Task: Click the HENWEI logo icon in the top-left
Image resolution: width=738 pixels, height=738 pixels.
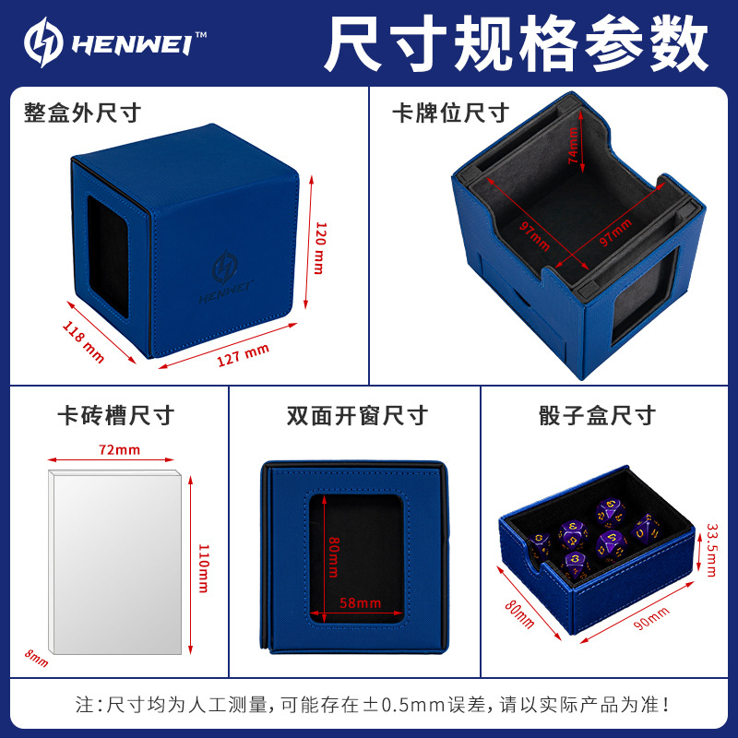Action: pyautogui.click(x=43, y=42)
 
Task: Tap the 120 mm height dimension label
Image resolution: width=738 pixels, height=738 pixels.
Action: pyautogui.click(x=320, y=248)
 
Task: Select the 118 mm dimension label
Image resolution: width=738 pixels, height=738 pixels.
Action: pyautogui.click(x=83, y=342)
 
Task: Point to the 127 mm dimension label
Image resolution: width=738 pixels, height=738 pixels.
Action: pyautogui.click(x=243, y=354)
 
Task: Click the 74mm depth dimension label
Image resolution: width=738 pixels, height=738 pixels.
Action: pyautogui.click(x=573, y=146)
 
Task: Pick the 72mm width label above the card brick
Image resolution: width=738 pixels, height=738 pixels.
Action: pyautogui.click(x=120, y=450)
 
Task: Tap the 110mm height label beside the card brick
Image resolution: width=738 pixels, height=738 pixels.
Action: pyautogui.click(x=203, y=568)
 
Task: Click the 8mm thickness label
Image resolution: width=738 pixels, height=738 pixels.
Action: pyautogui.click(x=36, y=658)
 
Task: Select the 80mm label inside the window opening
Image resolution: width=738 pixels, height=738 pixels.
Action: pyautogui.click(x=333, y=557)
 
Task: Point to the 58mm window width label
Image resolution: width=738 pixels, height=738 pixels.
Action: pyautogui.click(x=360, y=603)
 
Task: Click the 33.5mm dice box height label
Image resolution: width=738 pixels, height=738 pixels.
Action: pyautogui.click(x=711, y=550)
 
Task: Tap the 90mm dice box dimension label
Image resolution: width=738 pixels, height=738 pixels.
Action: pyautogui.click(x=651, y=618)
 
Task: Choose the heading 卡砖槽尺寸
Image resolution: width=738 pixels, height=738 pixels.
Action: pyautogui.click(x=116, y=416)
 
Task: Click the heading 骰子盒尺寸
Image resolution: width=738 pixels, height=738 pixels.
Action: pyautogui.click(x=597, y=416)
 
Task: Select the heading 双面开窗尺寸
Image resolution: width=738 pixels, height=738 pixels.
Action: pyautogui.click(x=357, y=416)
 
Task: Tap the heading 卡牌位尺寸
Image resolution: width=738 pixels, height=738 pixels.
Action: pyautogui.click(x=450, y=113)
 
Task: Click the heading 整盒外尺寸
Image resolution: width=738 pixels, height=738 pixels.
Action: pyautogui.click(x=82, y=113)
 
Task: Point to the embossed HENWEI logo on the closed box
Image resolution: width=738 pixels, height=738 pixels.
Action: pyautogui.click(x=226, y=279)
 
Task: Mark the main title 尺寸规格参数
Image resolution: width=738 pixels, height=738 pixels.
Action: pyautogui.click(x=517, y=43)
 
